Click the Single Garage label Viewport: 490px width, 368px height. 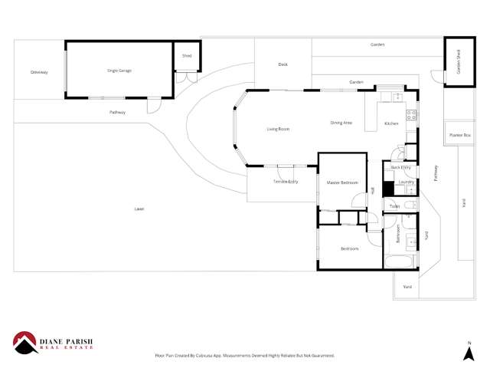[x=119, y=70]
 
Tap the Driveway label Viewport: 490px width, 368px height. [x=39, y=72]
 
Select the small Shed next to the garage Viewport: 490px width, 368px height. [x=186, y=56]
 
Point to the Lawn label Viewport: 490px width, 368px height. [x=139, y=209]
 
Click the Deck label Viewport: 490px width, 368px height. [x=283, y=65]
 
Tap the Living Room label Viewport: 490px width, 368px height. [x=278, y=129]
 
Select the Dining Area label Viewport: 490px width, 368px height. [x=341, y=123]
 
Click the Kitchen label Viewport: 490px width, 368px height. [x=392, y=123]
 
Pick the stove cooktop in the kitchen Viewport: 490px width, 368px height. [x=411, y=116]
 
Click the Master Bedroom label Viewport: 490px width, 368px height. [x=342, y=182]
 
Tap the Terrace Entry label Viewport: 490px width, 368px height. [x=285, y=181]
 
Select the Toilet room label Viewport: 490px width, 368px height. [x=394, y=206]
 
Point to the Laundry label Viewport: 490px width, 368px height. [x=406, y=182]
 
